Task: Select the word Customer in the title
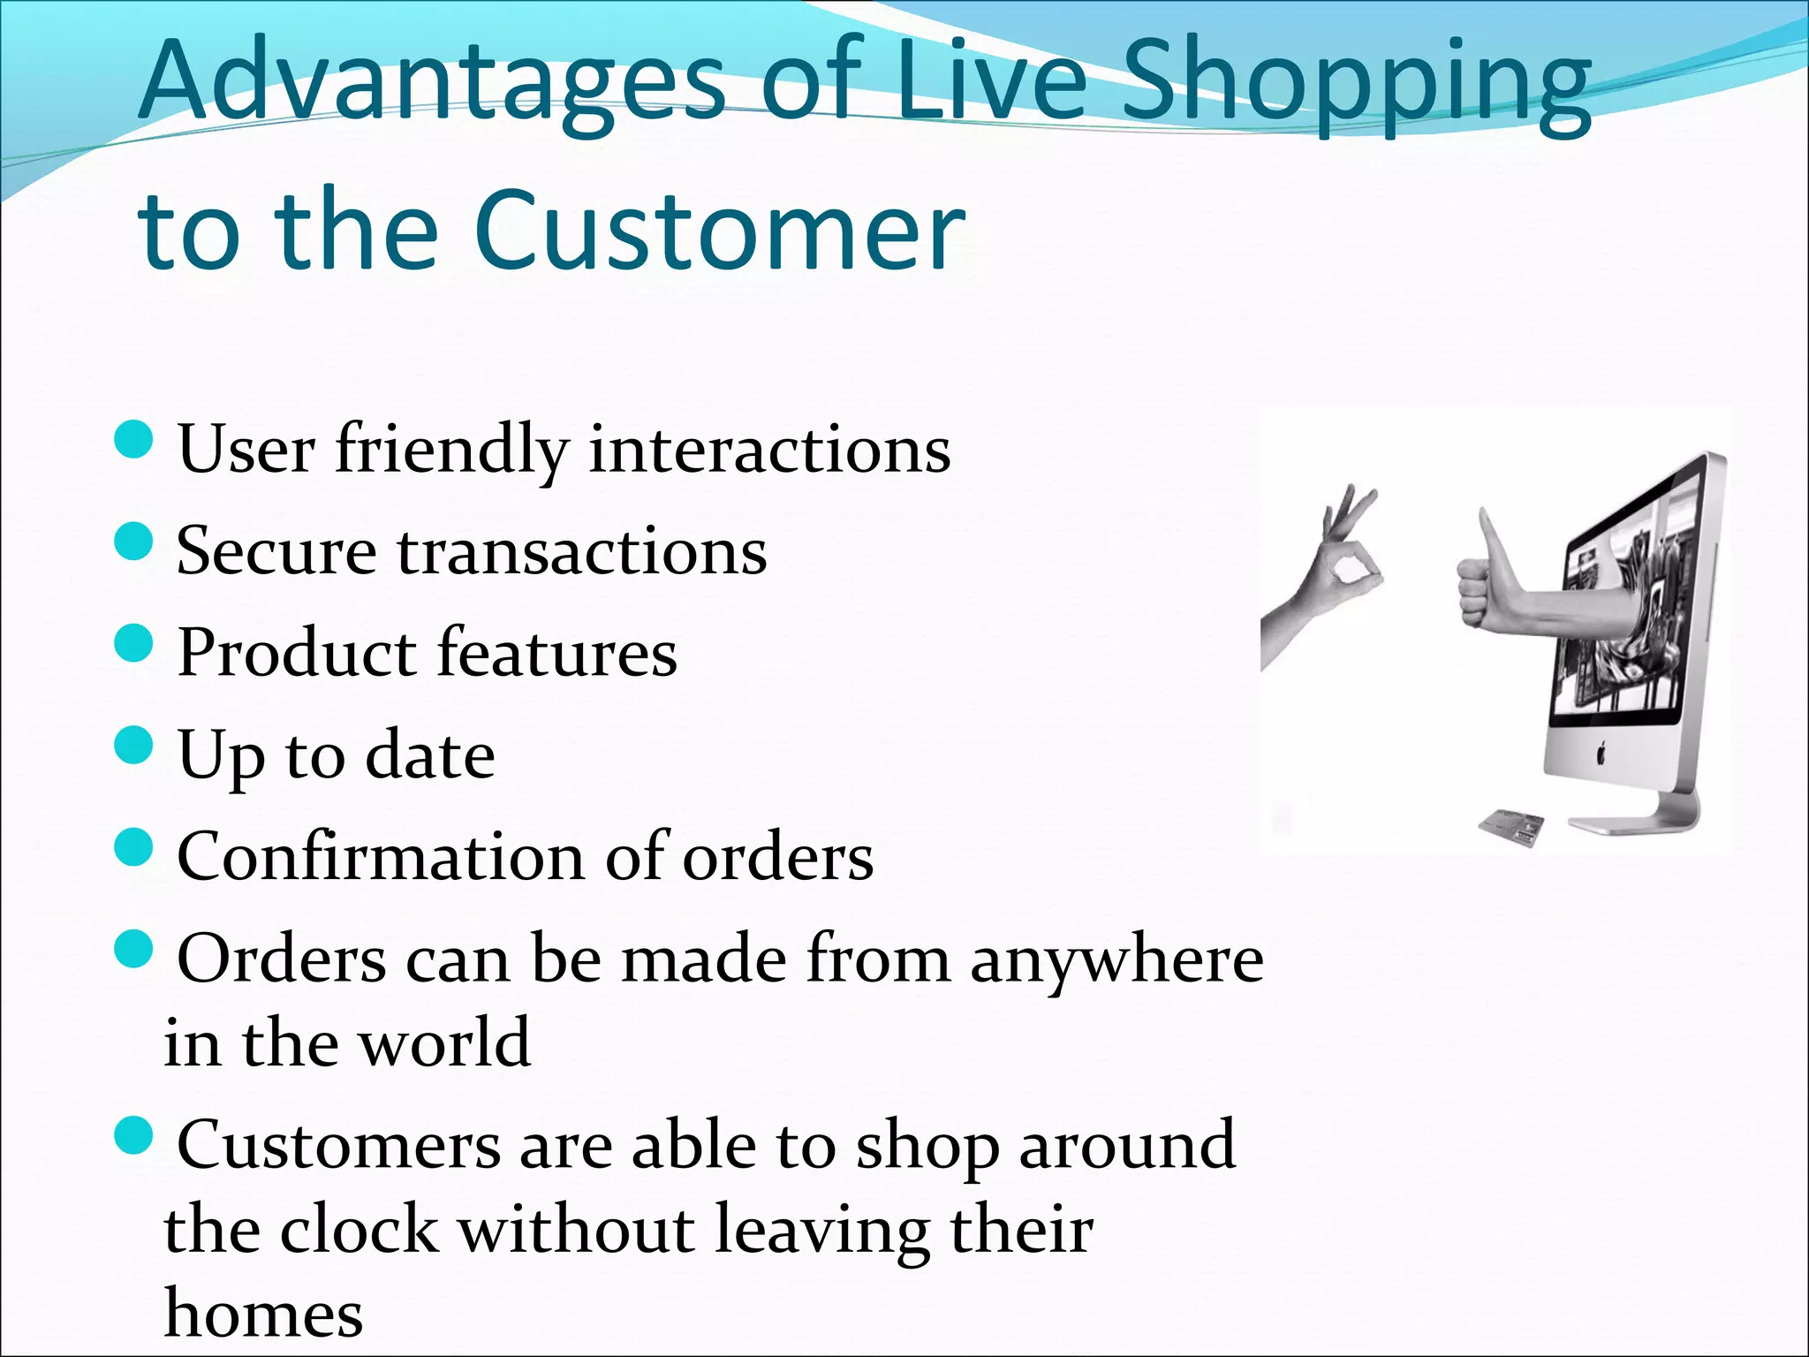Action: [719, 231]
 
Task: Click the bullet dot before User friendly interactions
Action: [134, 439]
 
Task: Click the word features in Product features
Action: [556, 653]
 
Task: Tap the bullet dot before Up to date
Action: [134, 744]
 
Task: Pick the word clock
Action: [358, 1230]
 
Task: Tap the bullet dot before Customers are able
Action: [134, 1134]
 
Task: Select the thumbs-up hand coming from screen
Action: [1493, 588]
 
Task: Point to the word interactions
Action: [769, 450]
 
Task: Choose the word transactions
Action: [581, 551]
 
